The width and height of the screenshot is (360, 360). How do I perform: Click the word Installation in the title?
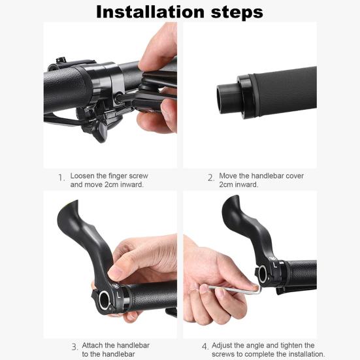pyautogui.click(x=150, y=12)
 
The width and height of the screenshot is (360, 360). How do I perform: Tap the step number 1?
pyautogui.click(x=61, y=178)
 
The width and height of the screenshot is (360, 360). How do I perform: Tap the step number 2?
pyautogui.click(x=211, y=178)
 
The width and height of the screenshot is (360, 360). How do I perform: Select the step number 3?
pyautogui.click(x=74, y=347)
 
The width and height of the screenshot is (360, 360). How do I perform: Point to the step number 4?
pyautogui.click(x=205, y=346)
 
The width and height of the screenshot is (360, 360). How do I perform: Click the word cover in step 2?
pyautogui.click(x=295, y=176)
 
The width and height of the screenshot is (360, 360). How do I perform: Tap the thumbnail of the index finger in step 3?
pyautogui.click(x=116, y=272)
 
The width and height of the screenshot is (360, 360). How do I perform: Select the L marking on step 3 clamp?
pyautogui.click(x=118, y=295)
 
